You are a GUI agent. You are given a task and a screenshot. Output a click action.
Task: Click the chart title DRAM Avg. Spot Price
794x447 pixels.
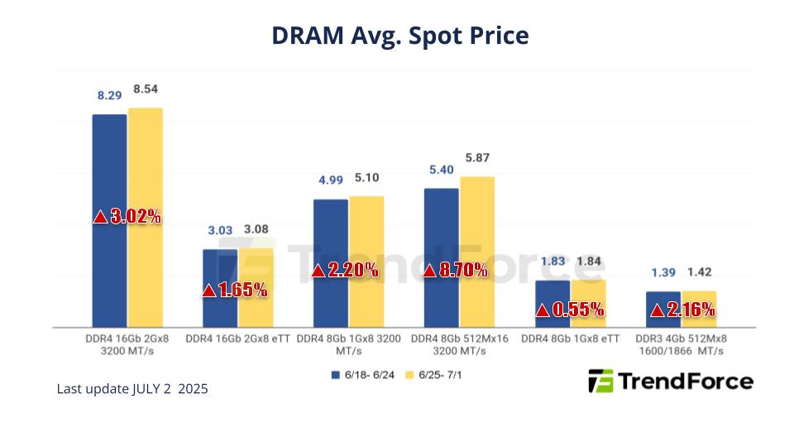tap(399, 36)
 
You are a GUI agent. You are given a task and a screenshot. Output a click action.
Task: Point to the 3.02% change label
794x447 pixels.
tap(127, 217)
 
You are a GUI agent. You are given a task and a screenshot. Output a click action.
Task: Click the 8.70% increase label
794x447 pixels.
tap(454, 271)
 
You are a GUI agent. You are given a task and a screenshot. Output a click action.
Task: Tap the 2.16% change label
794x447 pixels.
tap(682, 310)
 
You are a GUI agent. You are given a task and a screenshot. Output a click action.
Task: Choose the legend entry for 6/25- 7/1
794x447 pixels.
tap(437, 375)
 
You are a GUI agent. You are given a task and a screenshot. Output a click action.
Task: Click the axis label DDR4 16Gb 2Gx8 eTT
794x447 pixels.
tap(238, 339)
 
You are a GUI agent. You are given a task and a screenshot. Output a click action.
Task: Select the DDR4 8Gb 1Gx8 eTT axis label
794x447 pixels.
tap(570, 339)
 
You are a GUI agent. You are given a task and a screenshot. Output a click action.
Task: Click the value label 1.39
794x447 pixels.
tap(662, 272)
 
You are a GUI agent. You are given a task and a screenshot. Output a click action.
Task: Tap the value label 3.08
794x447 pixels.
tap(258, 229)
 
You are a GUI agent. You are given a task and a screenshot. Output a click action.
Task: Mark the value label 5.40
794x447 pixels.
tap(440, 170)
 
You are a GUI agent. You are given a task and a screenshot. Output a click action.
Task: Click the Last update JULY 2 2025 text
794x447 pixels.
tap(132, 388)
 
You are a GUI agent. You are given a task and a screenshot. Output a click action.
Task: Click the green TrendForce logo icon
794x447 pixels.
tap(600, 381)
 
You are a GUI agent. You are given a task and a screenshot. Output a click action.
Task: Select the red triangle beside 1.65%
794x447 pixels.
tap(208, 291)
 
